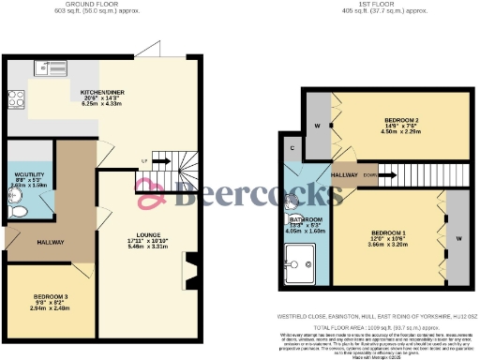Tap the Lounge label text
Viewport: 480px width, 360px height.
point(146,234)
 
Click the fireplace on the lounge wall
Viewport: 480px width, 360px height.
point(191,276)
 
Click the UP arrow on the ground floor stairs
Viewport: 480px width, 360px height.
point(143,160)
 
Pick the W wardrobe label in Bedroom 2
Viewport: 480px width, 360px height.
point(318,126)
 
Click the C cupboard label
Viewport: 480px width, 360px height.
point(292,148)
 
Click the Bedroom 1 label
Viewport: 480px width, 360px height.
point(387,232)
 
